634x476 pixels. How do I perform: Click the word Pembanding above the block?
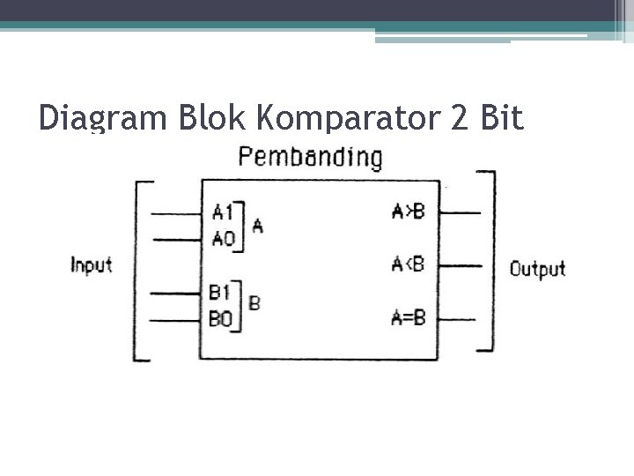point(311,159)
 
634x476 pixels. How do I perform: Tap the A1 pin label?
point(223,212)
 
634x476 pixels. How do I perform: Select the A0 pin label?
point(223,237)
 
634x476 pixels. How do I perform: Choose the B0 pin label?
point(220,318)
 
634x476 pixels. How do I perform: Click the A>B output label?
point(408,212)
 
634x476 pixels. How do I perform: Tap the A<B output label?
point(408,264)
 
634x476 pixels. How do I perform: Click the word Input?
point(92,264)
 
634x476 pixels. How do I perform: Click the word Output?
point(537,269)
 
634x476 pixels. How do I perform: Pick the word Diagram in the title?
point(93,119)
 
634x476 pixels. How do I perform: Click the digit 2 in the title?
point(460,117)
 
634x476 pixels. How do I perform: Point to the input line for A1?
point(176,213)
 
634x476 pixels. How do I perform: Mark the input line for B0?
point(176,320)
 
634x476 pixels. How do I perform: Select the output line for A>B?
point(458,212)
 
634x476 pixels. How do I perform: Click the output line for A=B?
point(458,318)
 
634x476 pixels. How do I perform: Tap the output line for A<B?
point(458,264)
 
